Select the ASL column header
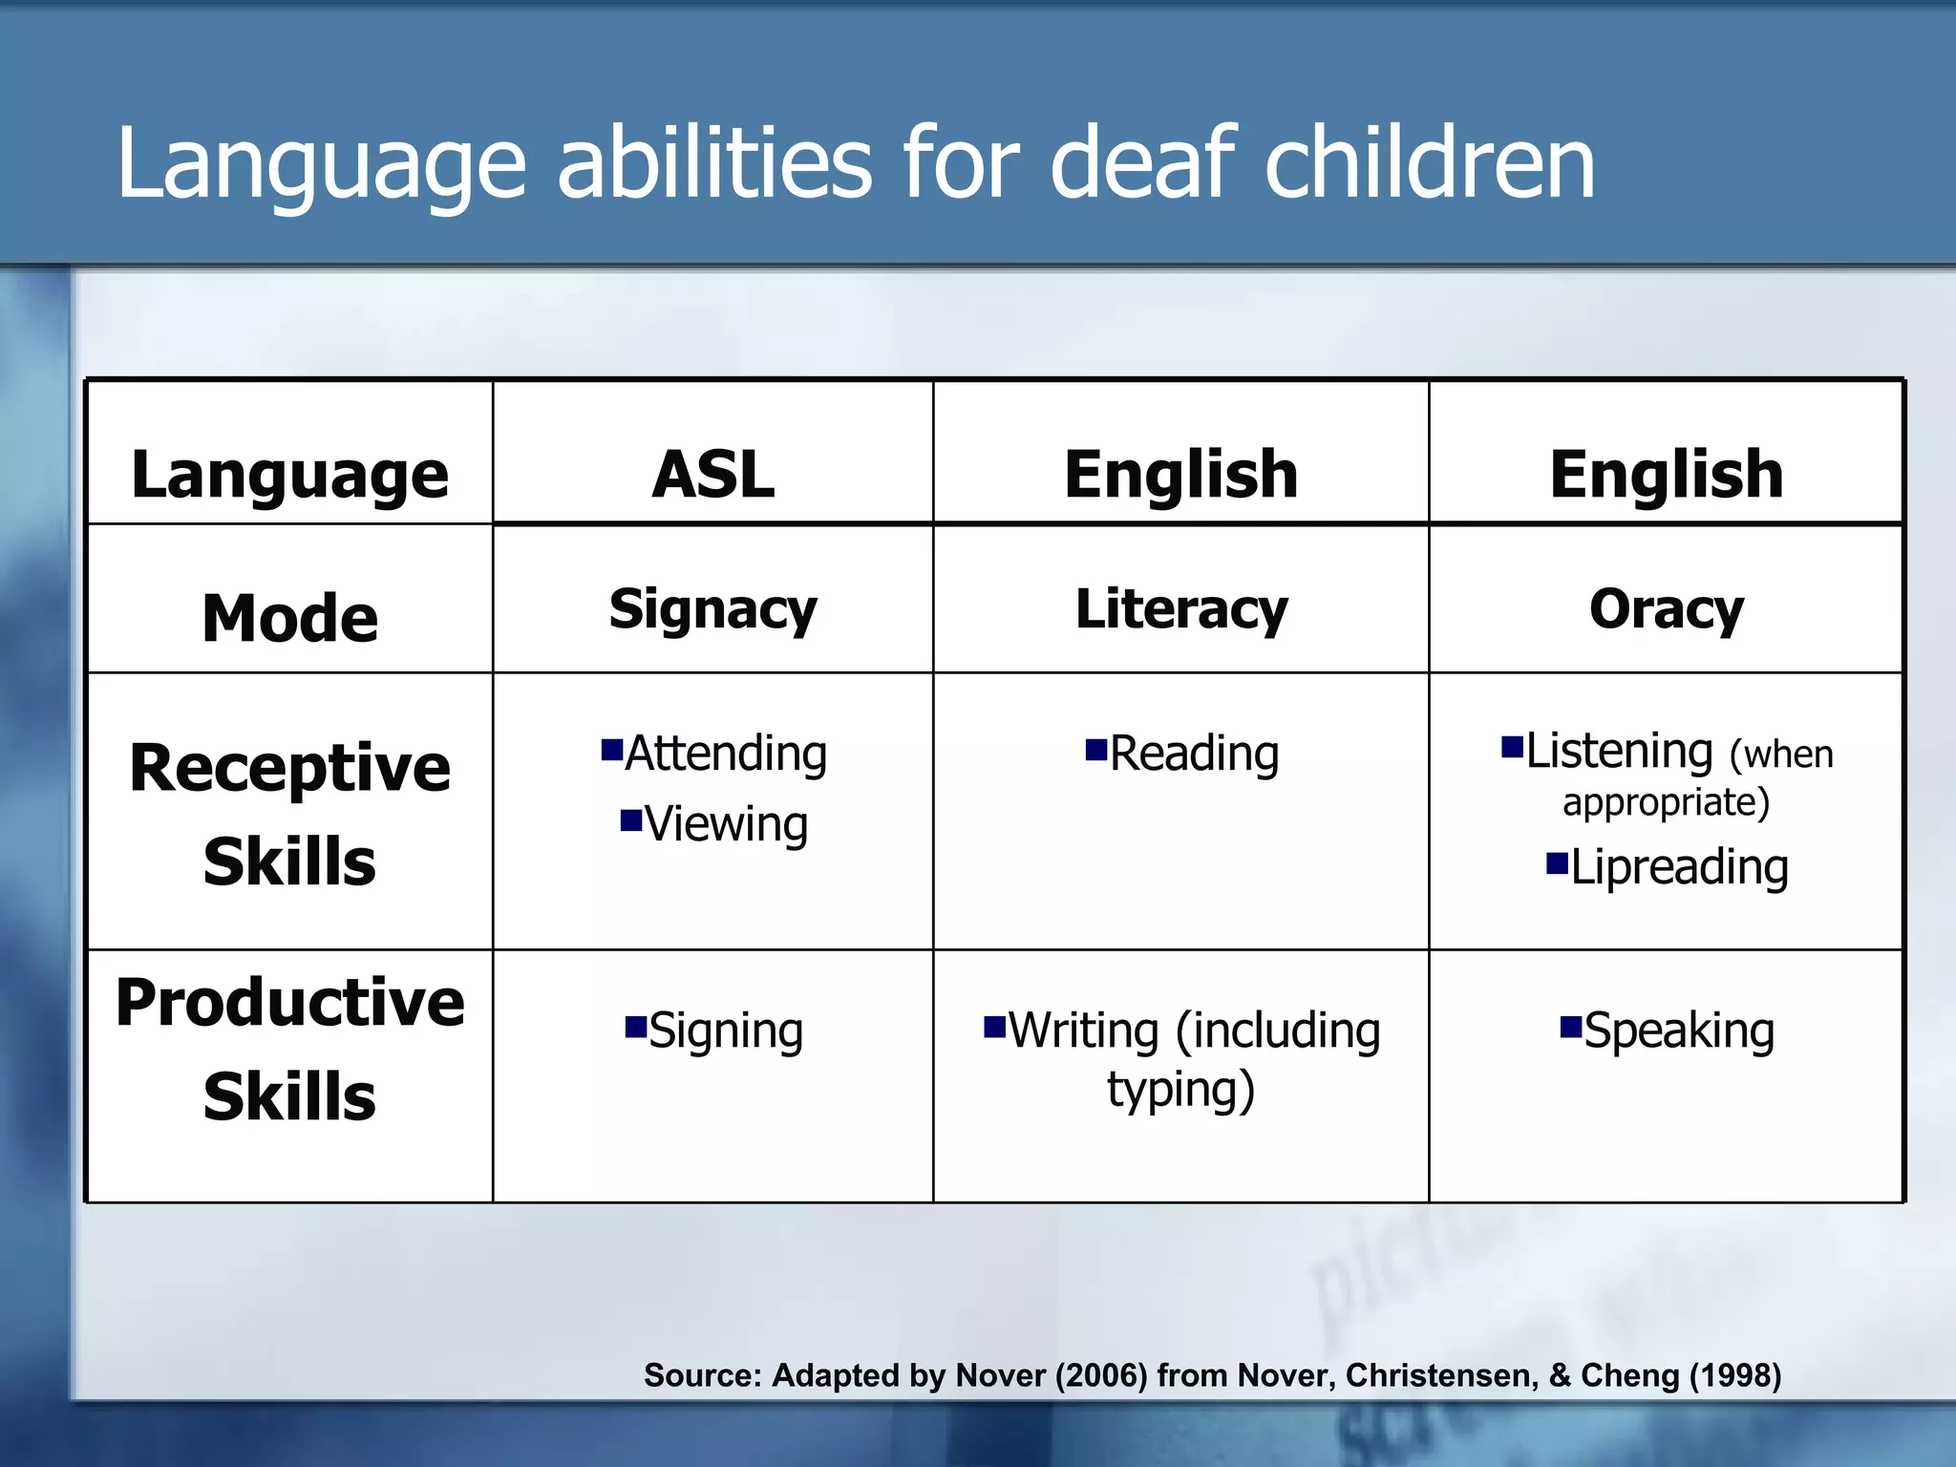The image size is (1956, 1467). click(712, 474)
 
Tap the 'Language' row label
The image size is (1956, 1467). click(289, 475)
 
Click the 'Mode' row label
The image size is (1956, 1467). click(289, 618)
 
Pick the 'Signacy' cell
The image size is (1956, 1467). click(712, 609)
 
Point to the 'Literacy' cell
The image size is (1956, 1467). click(1181, 609)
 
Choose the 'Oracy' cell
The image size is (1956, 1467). click(1667, 609)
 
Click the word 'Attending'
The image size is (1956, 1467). click(726, 754)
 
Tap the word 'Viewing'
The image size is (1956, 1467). click(726, 824)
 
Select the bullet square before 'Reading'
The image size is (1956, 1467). click(1095, 748)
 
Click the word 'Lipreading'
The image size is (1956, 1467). click(1679, 868)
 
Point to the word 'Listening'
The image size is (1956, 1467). click(1620, 751)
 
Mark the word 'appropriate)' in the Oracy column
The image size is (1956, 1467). click(1667, 802)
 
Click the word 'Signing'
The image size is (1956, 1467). click(726, 1031)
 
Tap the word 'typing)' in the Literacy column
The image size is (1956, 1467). click(1181, 1090)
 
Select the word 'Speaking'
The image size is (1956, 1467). click(1679, 1031)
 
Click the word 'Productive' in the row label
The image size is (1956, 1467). click(289, 1003)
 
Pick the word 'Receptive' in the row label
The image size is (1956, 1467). click(289, 768)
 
